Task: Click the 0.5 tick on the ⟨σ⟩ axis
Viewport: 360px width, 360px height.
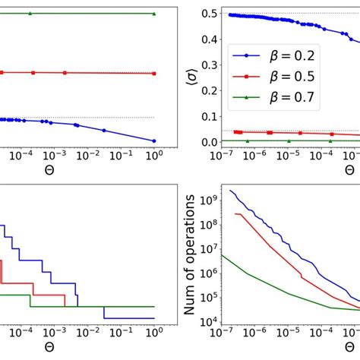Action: click(205, 14)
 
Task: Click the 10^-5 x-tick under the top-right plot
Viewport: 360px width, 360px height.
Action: click(288, 156)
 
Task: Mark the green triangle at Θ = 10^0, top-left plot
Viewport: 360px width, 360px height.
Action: click(154, 14)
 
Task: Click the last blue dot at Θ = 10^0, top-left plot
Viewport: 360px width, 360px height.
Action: click(154, 141)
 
